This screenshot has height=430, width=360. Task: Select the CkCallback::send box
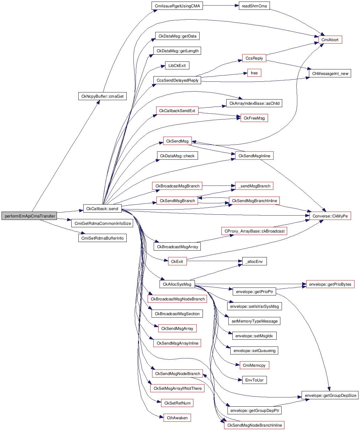(x=102, y=209)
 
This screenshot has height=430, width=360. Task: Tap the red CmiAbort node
(x=330, y=40)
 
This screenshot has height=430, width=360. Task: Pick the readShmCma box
(x=254, y=6)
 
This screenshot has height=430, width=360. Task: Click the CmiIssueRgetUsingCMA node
(x=177, y=6)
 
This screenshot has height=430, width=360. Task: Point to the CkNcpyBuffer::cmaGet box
(x=102, y=96)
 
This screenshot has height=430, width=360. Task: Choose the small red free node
(x=254, y=73)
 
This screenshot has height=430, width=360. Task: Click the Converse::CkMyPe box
(x=330, y=216)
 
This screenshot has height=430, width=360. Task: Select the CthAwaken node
(x=177, y=418)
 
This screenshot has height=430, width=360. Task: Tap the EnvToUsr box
(x=254, y=380)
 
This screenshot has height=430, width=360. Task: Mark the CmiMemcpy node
(x=254, y=365)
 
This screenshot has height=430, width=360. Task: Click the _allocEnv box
(x=254, y=261)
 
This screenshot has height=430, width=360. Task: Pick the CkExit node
(x=177, y=261)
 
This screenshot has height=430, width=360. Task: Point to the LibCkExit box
(x=177, y=65)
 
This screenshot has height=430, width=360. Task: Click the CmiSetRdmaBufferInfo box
(x=102, y=238)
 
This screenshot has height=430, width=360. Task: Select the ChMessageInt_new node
(x=330, y=73)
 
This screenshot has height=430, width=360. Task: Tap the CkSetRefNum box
(x=177, y=403)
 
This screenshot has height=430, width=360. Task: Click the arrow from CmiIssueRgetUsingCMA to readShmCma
(x=221, y=6)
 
